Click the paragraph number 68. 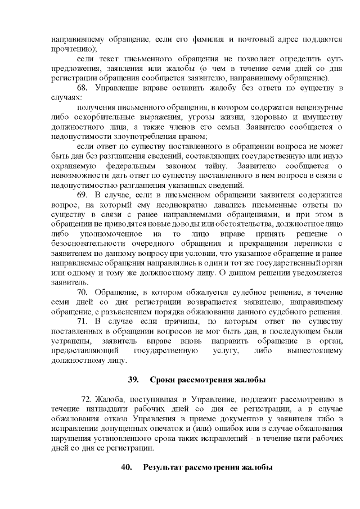coord(82,88)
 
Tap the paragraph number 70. coord(82,293)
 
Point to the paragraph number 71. coord(82,321)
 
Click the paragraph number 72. coord(86,399)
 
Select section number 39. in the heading coord(133,377)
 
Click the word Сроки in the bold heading coord(165,377)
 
